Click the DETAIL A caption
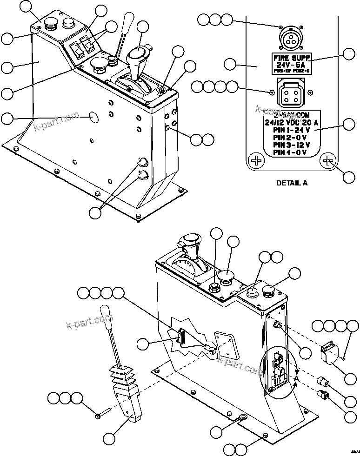pos(292,183)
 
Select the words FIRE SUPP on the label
pos(291,58)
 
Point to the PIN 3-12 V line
pos(292,145)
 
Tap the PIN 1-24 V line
pos(292,130)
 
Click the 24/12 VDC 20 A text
pos(292,123)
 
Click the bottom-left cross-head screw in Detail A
pos(256,161)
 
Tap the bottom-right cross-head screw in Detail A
pos(327,161)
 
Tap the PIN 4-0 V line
pos(292,152)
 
